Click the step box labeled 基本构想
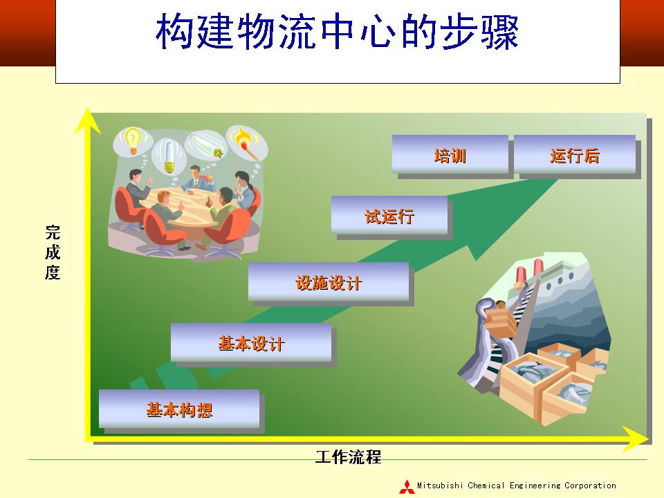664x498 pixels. pyautogui.click(x=179, y=409)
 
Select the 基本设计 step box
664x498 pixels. pyautogui.click(x=251, y=342)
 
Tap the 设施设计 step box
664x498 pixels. pyautogui.click(x=329, y=282)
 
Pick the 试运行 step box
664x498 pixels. pyautogui.click(x=389, y=214)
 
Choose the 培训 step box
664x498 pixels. pyautogui.click(x=450, y=154)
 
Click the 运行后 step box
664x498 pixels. pyautogui.click(x=575, y=154)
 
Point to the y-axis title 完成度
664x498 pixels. pyautogui.click(x=53, y=252)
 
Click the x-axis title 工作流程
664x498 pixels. pyautogui.click(x=348, y=457)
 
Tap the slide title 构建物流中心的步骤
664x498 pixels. pyautogui.click(x=337, y=32)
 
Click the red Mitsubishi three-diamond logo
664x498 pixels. pyautogui.click(x=407, y=486)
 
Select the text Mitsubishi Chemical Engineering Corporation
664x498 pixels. pyautogui.click(x=517, y=486)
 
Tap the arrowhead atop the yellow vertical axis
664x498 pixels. pyautogui.click(x=88, y=120)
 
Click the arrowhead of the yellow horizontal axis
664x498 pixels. pyautogui.click(x=636, y=439)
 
